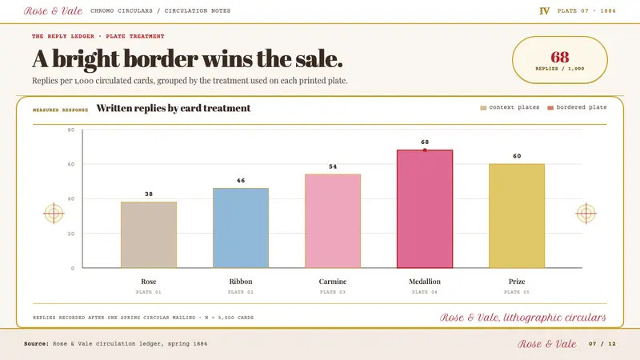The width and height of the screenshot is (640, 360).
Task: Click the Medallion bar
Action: (x=425, y=209)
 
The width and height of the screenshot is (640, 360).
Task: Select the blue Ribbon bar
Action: (x=241, y=228)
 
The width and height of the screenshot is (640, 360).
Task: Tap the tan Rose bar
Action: (x=149, y=234)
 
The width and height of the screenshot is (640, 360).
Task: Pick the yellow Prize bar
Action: (x=517, y=216)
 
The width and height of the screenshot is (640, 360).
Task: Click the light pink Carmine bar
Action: (x=333, y=221)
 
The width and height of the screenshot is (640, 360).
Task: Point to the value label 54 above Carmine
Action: (x=333, y=166)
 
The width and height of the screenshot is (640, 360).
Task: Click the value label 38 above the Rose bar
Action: (x=149, y=194)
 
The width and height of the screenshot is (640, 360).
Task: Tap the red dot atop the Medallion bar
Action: (x=425, y=150)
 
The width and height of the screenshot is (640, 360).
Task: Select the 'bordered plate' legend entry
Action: (x=577, y=107)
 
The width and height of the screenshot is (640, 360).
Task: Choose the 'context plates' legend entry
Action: (x=510, y=107)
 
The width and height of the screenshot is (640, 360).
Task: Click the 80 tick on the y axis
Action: (x=71, y=130)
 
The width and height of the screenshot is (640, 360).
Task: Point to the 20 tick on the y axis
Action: (x=71, y=234)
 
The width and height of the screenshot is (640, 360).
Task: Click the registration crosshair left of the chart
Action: (x=54, y=213)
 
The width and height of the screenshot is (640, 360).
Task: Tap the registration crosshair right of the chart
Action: (x=586, y=213)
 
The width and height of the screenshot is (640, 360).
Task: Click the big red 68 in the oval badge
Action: (x=559, y=57)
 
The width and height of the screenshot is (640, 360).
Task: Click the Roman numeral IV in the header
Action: (x=545, y=11)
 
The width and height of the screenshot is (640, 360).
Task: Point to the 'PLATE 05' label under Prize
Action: (x=517, y=292)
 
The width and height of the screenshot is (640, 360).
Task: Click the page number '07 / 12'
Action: (x=602, y=344)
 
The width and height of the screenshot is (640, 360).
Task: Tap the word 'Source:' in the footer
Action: (x=36, y=344)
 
